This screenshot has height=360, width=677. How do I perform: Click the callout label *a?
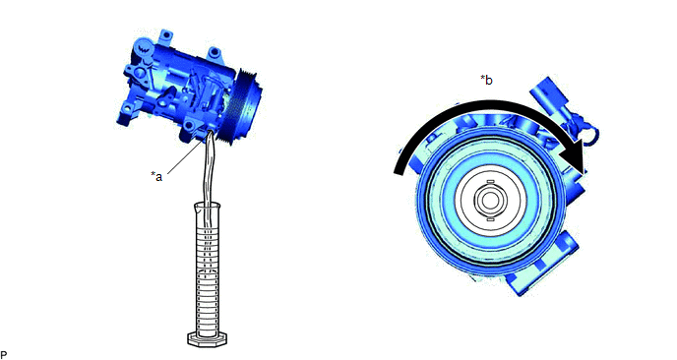tap(156, 176)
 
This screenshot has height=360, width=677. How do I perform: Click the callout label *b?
tap(486, 80)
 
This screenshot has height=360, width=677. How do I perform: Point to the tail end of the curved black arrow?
tap(400, 170)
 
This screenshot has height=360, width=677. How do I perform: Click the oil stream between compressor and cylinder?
tap(208, 173)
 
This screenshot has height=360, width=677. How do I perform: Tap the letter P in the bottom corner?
tap(4, 355)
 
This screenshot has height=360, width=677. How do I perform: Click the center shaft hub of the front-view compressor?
tap(489, 200)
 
